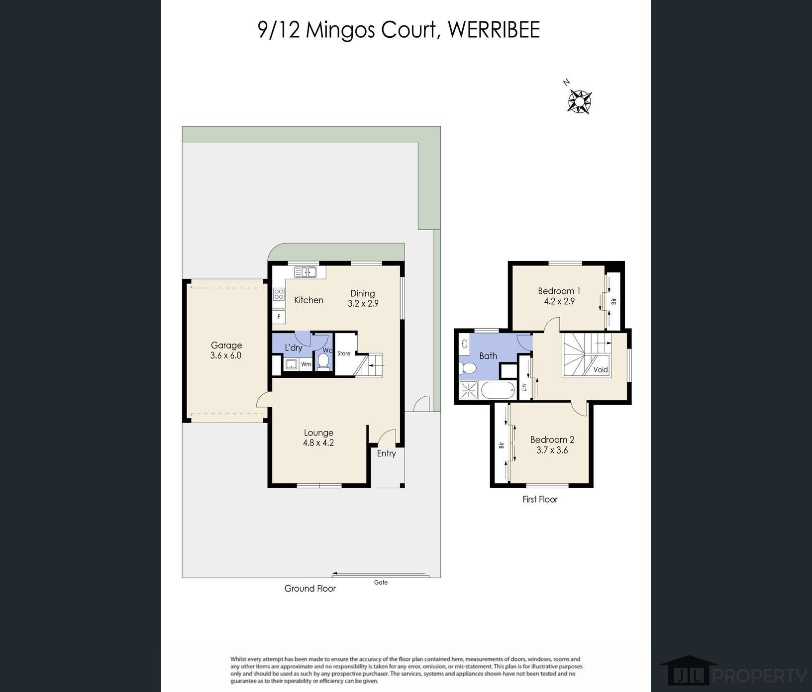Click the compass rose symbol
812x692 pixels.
[580, 101]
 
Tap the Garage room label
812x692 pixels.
[226, 345]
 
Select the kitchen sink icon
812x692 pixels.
[305, 272]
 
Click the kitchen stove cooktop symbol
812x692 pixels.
[279, 294]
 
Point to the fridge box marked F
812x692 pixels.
[279, 317]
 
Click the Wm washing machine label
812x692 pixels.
[306, 364]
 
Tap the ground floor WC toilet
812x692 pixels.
[324, 362]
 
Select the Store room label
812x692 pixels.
[344, 353]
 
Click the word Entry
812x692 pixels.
[387, 453]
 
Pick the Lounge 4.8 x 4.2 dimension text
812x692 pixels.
[318, 442]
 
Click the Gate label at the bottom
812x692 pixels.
[381, 582]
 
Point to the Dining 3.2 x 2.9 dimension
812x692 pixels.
[363, 303]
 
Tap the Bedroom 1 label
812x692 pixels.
[559, 291]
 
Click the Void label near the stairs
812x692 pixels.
[601, 369]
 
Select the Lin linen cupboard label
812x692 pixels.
[524, 387]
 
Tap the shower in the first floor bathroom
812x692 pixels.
[469, 390]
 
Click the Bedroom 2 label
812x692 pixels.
[552, 439]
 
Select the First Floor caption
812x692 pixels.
[540, 499]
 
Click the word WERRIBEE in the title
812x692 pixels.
[494, 30]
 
